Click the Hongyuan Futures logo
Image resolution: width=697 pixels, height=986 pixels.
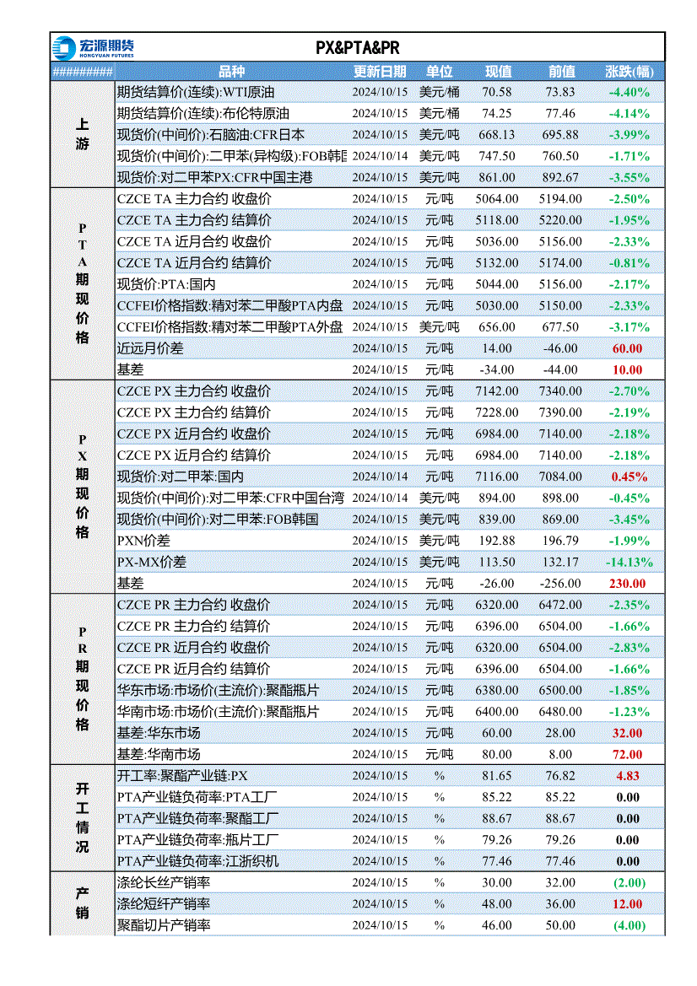pyautogui.click(x=93, y=48)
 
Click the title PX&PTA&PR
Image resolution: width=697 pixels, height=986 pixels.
pyautogui.click(x=357, y=48)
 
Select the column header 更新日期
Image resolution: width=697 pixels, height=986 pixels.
pyautogui.click(x=380, y=72)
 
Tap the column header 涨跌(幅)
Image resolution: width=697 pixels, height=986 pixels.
pyautogui.click(x=629, y=72)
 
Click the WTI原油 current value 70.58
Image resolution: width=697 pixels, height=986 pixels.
pyautogui.click(x=497, y=92)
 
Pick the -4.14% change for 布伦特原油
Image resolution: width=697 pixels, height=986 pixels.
pyautogui.click(x=629, y=114)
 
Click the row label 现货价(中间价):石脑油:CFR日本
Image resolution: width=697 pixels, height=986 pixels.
pyautogui.click(x=211, y=135)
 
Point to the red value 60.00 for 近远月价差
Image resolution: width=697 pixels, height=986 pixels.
pyautogui.click(x=627, y=348)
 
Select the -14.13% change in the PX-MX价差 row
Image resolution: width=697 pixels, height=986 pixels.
pyautogui.click(x=629, y=563)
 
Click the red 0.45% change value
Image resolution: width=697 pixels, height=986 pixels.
pyautogui.click(x=629, y=477)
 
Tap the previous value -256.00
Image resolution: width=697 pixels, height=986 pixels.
pyautogui.click(x=560, y=584)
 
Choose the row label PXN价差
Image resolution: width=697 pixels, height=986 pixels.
pyautogui.click(x=143, y=541)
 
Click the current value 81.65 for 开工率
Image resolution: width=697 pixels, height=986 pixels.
pyautogui.click(x=497, y=776)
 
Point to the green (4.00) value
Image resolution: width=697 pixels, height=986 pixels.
pyautogui.click(x=629, y=925)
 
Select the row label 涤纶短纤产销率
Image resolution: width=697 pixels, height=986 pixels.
pyautogui.click(x=164, y=904)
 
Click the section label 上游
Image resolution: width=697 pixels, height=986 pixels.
pyautogui.click(x=83, y=135)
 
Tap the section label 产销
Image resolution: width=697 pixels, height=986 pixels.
pyautogui.click(x=83, y=903)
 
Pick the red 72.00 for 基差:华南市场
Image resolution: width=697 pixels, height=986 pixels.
pyautogui.click(x=627, y=755)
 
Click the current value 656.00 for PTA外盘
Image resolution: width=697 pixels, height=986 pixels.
pyautogui.click(x=497, y=327)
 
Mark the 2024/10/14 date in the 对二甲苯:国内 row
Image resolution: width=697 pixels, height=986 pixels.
pyautogui.click(x=380, y=477)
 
